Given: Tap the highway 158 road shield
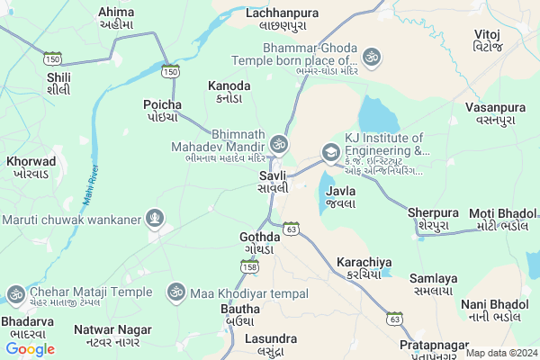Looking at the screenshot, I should pyautogui.click(x=249, y=266).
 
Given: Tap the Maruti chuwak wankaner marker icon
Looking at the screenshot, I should pyautogui.click(x=156, y=217).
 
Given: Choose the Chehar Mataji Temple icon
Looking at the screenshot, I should pyautogui.click(x=15, y=292).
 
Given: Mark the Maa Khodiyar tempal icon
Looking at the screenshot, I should pyautogui.click(x=175, y=292).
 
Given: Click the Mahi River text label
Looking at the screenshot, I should pyautogui.click(x=89, y=183).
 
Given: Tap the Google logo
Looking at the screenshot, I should pyautogui.click(x=30, y=349).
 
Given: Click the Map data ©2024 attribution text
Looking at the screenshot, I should pyautogui.click(x=500, y=353).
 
